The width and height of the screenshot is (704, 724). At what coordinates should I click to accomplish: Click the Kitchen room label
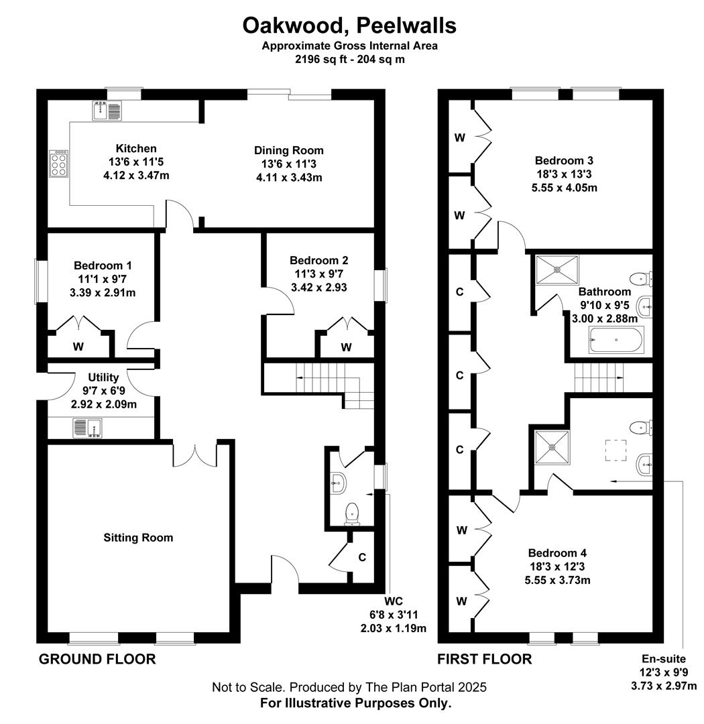[x=136, y=149]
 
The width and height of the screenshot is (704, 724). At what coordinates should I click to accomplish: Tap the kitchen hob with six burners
[x=59, y=164]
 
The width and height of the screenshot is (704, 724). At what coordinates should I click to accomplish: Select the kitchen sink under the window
[x=107, y=111]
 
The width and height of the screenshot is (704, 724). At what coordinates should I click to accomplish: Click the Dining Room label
[x=289, y=151]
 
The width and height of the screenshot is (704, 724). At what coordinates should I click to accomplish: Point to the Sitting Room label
[x=138, y=538]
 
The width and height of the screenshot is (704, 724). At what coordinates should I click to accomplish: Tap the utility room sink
[x=87, y=428]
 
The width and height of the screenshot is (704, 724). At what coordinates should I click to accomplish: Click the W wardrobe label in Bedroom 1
[x=78, y=347]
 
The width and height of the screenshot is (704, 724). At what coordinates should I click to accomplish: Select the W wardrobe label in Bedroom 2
[x=346, y=347]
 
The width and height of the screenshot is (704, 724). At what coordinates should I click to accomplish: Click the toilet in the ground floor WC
[x=352, y=514]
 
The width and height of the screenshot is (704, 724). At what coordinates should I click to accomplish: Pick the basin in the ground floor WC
[x=338, y=483]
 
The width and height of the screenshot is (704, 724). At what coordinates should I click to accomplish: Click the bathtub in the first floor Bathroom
[x=615, y=340]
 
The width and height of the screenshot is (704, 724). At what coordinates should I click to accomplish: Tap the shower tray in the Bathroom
[x=556, y=269]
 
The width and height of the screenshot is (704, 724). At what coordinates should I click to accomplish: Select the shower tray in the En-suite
[x=552, y=446]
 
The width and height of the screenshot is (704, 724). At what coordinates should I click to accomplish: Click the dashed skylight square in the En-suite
[x=615, y=450]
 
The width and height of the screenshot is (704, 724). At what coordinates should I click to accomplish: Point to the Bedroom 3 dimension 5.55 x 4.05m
[x=564, y=188]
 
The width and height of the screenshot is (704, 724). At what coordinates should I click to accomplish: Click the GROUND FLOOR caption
[x=97, y=659]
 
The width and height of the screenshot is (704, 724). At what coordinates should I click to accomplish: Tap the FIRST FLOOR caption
[x=485, y=659]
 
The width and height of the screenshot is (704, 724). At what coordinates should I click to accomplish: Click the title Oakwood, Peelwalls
[x=350, y=25]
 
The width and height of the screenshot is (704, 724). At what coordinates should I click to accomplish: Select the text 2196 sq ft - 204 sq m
[x=350, y=59]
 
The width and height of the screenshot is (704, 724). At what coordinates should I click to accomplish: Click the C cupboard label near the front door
[x=362, y=557]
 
